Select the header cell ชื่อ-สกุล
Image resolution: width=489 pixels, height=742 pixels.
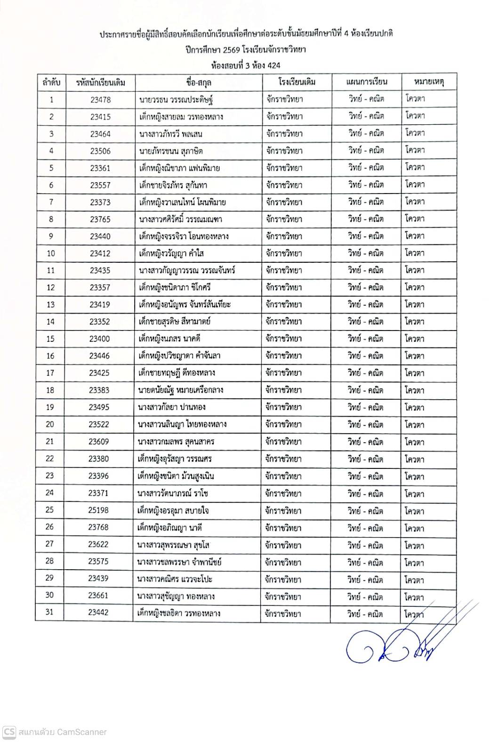(x=199, y=82)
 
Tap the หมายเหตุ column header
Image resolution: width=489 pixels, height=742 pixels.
(x=429, y=82)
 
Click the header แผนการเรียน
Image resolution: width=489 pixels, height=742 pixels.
(x=366, y=82)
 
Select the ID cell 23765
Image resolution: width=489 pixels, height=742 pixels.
(x=100, y=219)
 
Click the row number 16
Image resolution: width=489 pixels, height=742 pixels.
(x=50, y=356)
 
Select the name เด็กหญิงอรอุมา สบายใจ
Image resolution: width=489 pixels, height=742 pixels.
(x=173, y=510)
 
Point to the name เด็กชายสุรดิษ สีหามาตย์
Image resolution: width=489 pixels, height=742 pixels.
(x=174, y=322)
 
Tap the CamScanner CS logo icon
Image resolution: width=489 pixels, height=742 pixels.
(x=9, y=732)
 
